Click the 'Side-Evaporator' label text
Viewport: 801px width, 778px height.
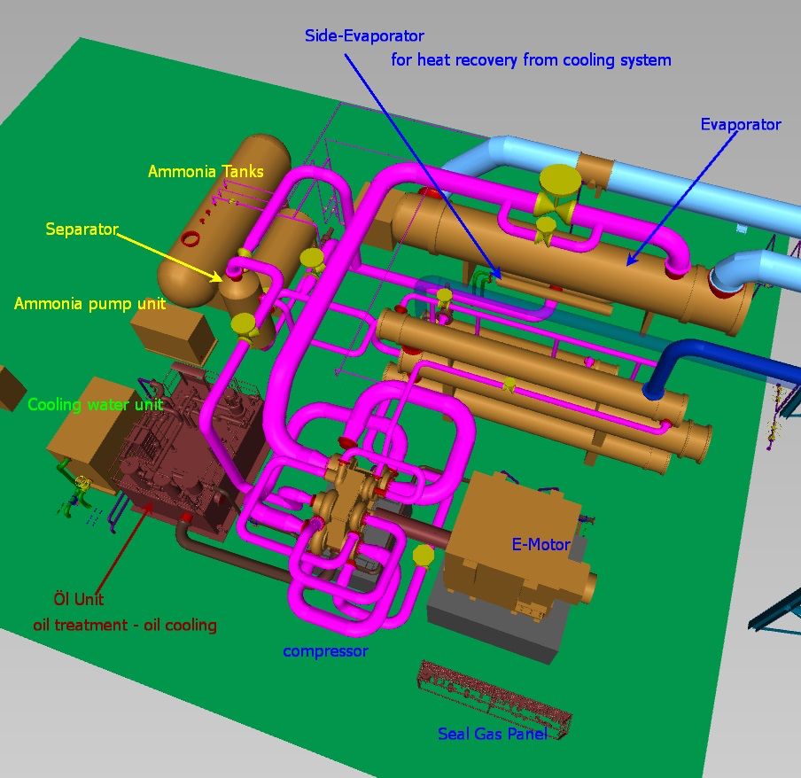click(364, 36)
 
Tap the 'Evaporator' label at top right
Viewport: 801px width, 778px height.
click(741, 125)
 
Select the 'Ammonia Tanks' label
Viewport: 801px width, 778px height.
click(206, 172)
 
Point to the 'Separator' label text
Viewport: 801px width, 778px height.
click(82, 230)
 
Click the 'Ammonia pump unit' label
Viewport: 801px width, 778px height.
click(89, 304)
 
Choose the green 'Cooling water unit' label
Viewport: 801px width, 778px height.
click(95, 405)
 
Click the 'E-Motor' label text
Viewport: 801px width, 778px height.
click(540, 544)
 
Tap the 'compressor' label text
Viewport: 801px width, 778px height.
click(325, 651)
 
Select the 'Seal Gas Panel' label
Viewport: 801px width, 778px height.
click(492, 734)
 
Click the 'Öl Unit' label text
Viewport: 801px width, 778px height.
click(79, 600)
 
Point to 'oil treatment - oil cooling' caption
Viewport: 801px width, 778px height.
click(125, 625)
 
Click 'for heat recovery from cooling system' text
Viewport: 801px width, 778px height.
click(531, 60)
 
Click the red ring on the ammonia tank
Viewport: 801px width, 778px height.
click(190, 238)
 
